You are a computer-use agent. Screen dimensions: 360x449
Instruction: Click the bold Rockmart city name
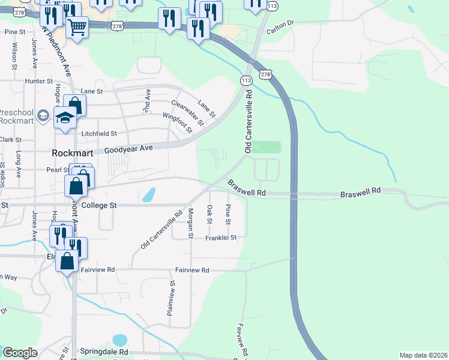point(73,152)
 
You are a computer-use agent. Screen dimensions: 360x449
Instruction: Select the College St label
point(98,205)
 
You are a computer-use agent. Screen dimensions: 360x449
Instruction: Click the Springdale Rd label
point(103,352)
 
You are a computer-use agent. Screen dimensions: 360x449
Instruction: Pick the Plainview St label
point(171,298)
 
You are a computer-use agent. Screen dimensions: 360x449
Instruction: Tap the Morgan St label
point(190,222)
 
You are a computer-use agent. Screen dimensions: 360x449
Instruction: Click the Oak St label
point(209,214)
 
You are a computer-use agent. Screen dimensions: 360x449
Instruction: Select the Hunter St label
point(39,81)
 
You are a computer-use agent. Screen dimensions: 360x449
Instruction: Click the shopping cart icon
point(77,27)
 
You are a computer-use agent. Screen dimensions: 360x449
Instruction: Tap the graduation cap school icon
point(65,118)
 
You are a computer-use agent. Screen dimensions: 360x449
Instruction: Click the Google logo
point(20,353)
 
